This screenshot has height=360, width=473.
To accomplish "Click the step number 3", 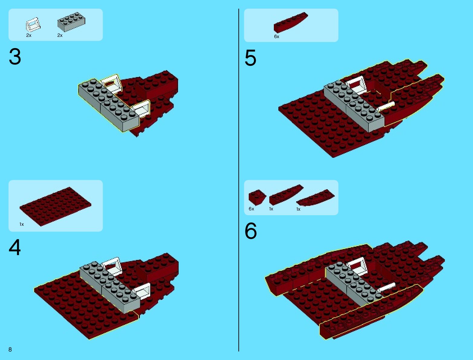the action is click(x=15, y=57).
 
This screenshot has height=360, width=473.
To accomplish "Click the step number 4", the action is click(x=15, y=247).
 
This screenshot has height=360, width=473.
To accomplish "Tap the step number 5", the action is click(x=250, y=58).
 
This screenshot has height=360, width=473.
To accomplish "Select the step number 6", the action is click(x=251, y=231).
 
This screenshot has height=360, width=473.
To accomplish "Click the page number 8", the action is click(x=10, y=349).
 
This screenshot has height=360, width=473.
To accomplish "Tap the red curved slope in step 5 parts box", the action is click(x=291, y=22).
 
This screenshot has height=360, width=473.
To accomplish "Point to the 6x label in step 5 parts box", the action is click(x=277, y=37).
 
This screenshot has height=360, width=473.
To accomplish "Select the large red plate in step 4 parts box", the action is click(x=55, y=206).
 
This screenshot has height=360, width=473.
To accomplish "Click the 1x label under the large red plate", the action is click(x=21, y=224).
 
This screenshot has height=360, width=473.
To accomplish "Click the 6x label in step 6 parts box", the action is click(x=251, y=209).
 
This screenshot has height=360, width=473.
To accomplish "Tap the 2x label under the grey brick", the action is click(x=60, y=35).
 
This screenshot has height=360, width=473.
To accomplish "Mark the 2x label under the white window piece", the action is click(x=29, y=35).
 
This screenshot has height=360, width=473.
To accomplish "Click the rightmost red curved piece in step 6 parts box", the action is click(x=316, y=198).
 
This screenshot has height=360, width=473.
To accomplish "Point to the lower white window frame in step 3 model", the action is click(x=142, y=109).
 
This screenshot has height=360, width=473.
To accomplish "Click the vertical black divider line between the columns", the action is click(x=238, y=180).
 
